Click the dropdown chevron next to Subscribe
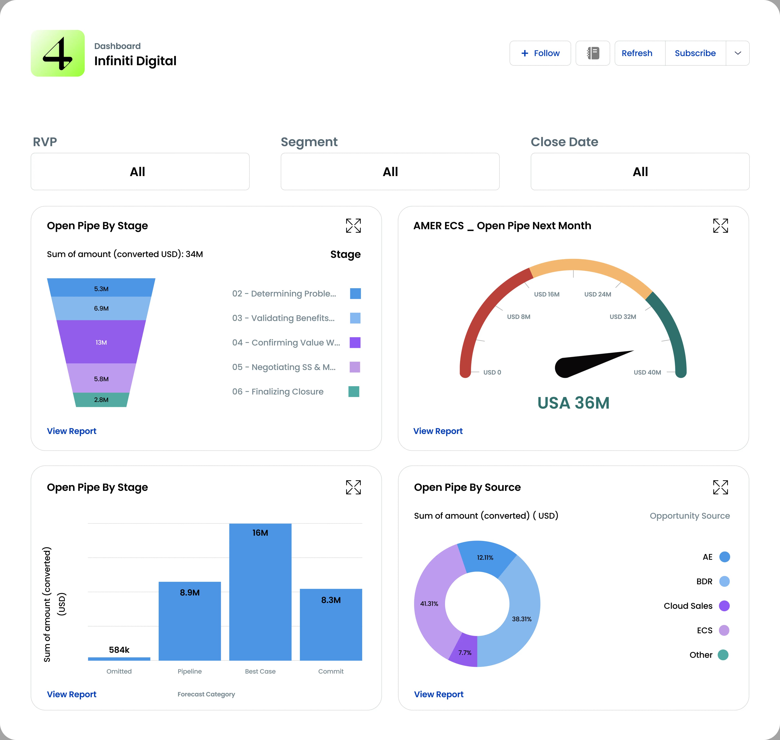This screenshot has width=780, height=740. [x=737, y=53]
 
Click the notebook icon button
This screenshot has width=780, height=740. [x=593, y=53]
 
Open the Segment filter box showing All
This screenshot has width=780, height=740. [x=390, y=172]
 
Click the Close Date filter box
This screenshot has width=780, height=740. [x=640, y=172]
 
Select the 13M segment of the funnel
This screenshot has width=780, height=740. [x=101, y=342]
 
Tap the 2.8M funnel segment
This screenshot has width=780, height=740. [x=101, y=400]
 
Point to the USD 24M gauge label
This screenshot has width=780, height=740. [x=597, y=294]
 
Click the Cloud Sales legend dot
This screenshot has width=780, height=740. [x=724, y=606]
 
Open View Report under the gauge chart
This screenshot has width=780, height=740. [x=438, y=431]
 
